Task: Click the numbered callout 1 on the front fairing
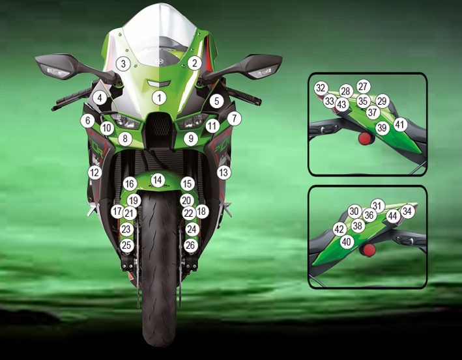click(160, 98)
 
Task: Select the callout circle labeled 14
click(158, 180)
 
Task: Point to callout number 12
click(94, 173)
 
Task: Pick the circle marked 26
click(191, 245)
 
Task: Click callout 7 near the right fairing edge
click(234, 118)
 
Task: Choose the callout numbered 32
click(321, 88)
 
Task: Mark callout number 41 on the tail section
click(399, 124)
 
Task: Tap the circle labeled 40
click(347, 242)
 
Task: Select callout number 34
click(407, 211)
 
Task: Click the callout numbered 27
click(364, 86)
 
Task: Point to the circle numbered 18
click(202, 212)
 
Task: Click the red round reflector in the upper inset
click(365, 139)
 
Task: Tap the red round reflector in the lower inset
click(369, 250)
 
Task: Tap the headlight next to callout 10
click(121, 120)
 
